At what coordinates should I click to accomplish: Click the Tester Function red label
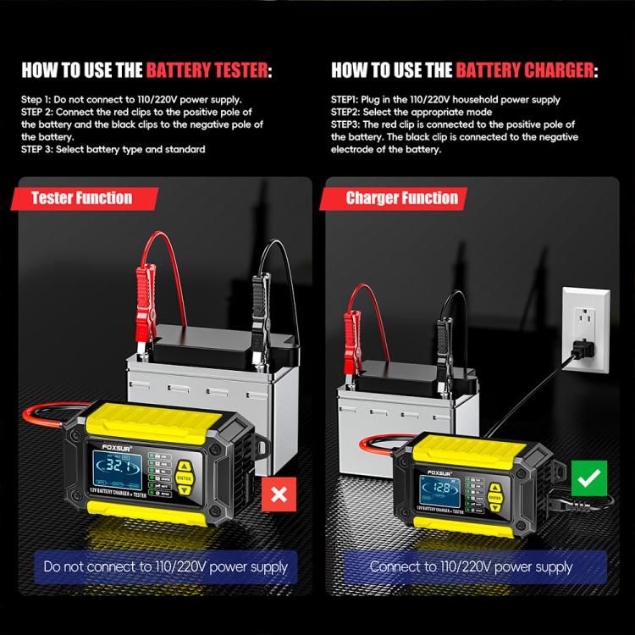(81, 198)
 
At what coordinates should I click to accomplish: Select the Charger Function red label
(401, 198)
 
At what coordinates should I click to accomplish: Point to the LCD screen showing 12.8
(441, 488)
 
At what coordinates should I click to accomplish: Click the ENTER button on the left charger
(185, 476)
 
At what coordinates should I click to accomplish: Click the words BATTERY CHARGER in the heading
(525, 70)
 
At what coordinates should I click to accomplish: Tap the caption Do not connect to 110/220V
(166, 566)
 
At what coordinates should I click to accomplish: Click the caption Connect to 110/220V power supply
(471, 566)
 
